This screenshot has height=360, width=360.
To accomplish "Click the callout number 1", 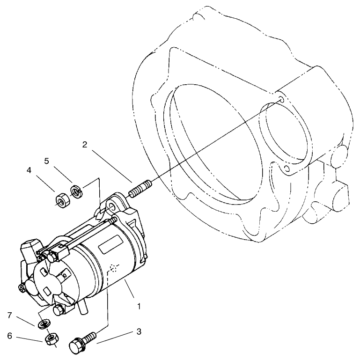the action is coord(139,306).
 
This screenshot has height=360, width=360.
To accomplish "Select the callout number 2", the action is coord(85,145).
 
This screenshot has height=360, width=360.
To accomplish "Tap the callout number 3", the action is coord(139,331).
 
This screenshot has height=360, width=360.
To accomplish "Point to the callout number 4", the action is coord(29,170).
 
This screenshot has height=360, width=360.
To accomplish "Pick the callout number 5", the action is coord(47,161).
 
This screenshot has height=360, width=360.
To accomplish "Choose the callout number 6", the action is coord(9,336).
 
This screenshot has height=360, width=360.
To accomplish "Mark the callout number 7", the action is coord(9,315).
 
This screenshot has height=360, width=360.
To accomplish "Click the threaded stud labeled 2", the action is coord(141,189).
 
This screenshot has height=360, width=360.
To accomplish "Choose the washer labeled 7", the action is coord(44,324).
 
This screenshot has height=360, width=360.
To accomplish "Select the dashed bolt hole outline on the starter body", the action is coord(114,268).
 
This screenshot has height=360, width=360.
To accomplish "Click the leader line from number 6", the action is coord(29,339).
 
